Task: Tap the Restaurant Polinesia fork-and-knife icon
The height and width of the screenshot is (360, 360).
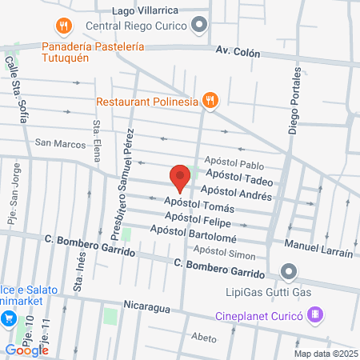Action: pos(210,101)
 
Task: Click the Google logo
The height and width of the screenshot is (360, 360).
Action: pos(26,350)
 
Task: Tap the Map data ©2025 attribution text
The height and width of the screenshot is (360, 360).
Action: pos(324,353)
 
